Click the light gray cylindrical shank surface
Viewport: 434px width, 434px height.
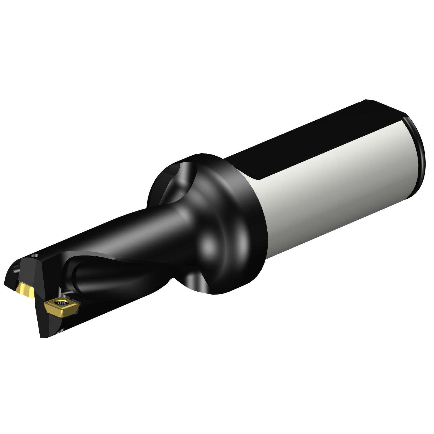(x=333, y=188)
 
